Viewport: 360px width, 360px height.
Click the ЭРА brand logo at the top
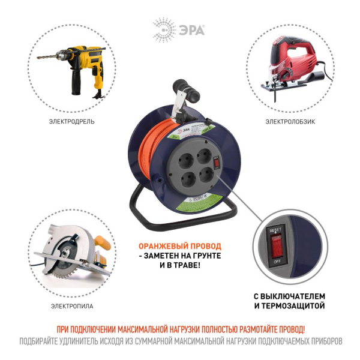coord(179,28)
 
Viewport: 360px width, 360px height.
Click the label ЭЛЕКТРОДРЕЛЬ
coord(71,121)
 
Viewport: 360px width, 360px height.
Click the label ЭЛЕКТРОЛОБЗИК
coord(290,121)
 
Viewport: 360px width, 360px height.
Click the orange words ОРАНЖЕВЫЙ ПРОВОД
coord(180,246)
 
